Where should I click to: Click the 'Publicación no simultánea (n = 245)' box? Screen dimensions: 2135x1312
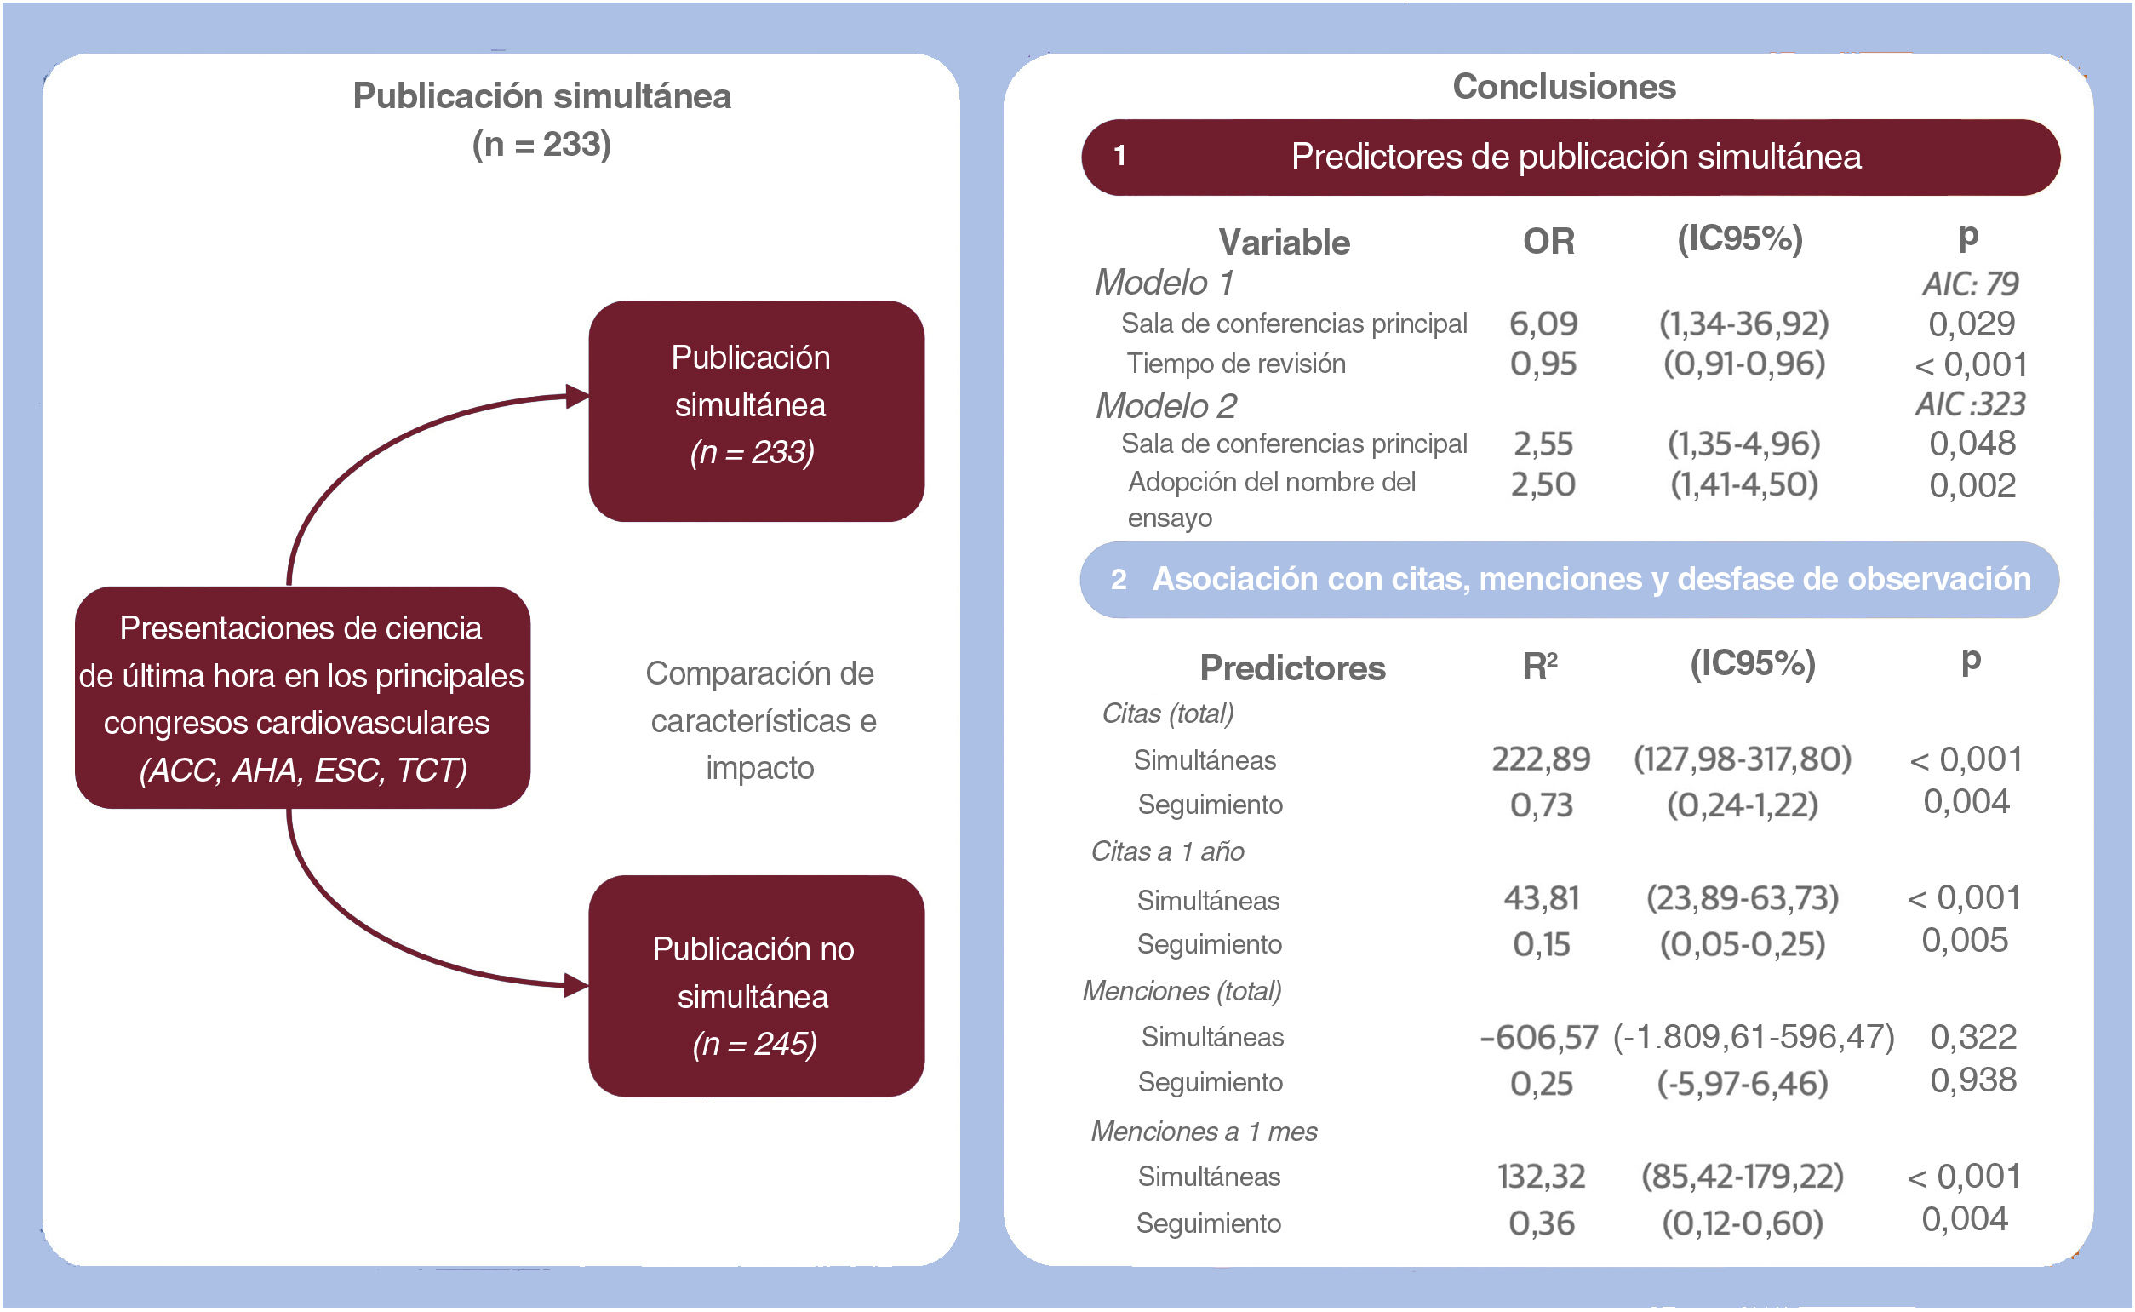coord(756,986)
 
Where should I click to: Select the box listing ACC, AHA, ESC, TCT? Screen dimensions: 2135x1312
coord(302,697)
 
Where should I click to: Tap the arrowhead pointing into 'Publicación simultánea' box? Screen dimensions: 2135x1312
coord(577,397)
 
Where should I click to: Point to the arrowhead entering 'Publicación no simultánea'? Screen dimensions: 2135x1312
coord(576,986)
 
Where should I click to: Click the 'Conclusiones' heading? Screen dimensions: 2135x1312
coord(1563,87)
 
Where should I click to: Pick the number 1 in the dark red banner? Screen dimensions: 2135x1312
coord(1120,156)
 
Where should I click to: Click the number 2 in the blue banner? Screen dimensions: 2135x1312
coord(1119,579)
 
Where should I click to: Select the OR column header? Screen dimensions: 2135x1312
coord(1548,241)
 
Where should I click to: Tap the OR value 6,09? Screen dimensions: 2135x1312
coord(1543,324)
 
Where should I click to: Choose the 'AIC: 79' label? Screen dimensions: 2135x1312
coord(1969,284)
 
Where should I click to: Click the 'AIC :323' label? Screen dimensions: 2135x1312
coord(1969,404)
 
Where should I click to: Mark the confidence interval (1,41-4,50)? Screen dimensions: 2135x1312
coord(1743,484)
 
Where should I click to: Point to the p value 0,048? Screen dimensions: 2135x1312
coord(1971,444)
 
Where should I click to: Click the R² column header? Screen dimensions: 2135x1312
coord(1540,666)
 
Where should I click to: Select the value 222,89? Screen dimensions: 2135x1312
coord(1541,759)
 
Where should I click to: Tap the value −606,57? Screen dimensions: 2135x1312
coord(1539,1037)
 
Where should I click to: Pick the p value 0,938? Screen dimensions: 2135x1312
coord(1972,1080)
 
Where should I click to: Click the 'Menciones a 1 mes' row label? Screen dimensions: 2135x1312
coord(1203,1132)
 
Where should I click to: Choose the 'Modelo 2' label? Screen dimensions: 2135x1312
coord(1165,405)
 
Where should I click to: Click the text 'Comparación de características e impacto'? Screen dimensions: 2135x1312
coord(761,720)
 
